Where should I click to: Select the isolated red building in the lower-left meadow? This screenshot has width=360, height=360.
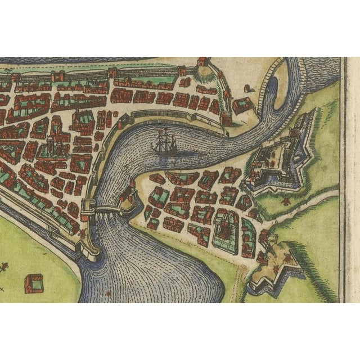[x=33, y=283]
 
